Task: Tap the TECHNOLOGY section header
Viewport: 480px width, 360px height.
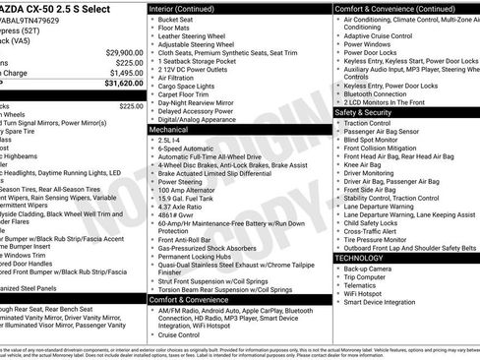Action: [360, 257]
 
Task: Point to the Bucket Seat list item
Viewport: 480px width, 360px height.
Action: [175, 20]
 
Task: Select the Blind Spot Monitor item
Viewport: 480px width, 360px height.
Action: [371, 140]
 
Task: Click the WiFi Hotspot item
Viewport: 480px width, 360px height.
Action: [363, 293]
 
